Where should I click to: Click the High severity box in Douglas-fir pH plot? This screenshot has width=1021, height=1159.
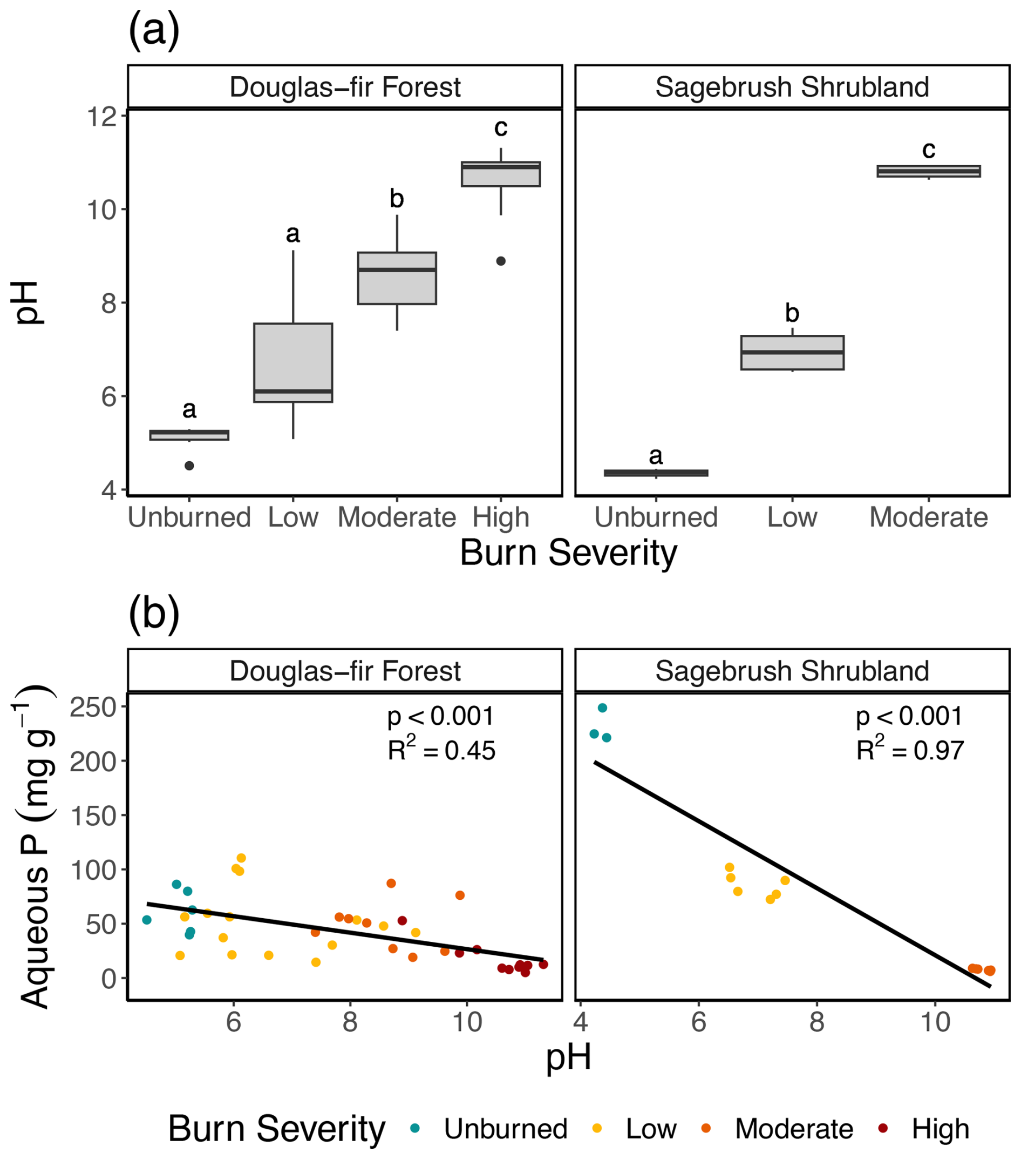[500, 174]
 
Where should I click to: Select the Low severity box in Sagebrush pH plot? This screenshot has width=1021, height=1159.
[792, 353]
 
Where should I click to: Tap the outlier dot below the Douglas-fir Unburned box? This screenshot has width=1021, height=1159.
[189, 466]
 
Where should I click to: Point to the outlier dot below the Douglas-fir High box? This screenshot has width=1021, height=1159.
[500, 261]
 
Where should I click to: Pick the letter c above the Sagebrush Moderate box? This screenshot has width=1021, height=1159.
[928, 150]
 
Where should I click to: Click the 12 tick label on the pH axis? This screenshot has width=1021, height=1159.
[101, 117]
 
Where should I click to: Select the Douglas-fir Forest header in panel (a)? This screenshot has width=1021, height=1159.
[344, 87]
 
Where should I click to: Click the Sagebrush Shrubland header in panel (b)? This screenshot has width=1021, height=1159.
[792, 671]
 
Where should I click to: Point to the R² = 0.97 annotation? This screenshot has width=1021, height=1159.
[909, 750]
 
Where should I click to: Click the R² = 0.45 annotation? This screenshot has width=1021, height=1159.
[441, 750]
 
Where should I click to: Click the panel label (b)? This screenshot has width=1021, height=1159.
[154, 614]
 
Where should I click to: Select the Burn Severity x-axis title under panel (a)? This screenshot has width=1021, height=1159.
[568, 553]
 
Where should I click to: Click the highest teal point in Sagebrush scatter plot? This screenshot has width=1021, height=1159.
[602, 707]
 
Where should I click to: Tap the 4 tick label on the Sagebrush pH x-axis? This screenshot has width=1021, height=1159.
[581, 1021]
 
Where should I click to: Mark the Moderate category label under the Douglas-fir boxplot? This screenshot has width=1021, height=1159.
[397, 517]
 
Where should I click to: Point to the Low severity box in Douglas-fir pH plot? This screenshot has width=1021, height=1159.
[293, 363]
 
